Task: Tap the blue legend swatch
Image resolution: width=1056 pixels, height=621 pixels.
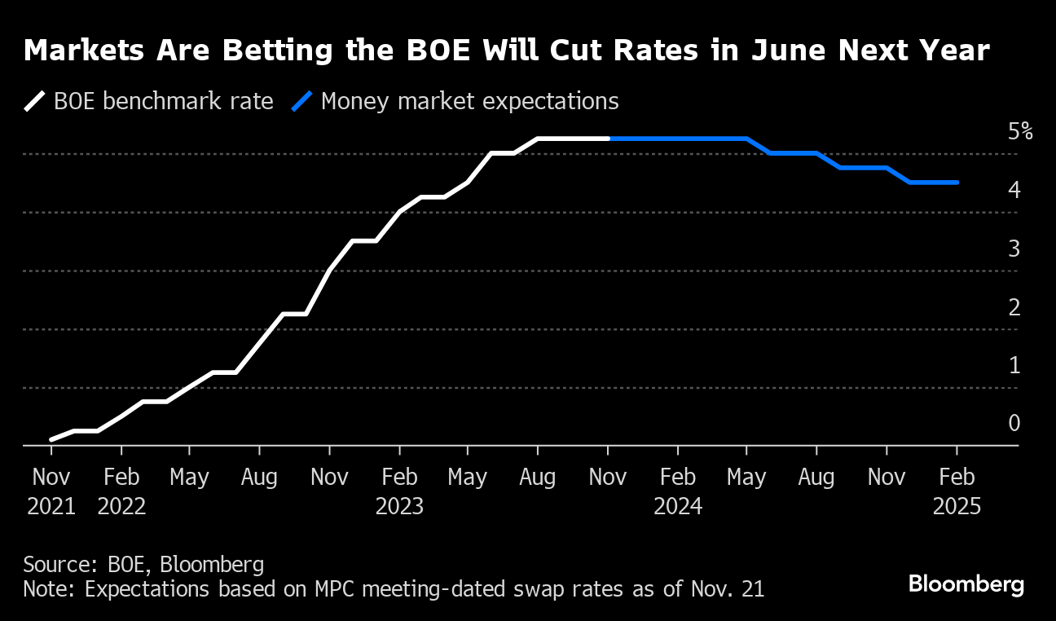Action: (301, 102)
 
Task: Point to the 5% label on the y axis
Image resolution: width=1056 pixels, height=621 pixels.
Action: (1019, 131)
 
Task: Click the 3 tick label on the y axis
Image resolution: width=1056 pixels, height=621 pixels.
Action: (1014, 249)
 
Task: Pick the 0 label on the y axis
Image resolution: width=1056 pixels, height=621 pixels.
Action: (1014, 423)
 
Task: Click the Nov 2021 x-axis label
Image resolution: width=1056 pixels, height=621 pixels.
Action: (51, 491)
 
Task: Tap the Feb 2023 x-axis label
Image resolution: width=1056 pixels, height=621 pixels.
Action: (399, 491)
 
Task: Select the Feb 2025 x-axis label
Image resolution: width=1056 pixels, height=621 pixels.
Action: (957, 491)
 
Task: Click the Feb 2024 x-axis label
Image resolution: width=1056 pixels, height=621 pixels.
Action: (678, 491)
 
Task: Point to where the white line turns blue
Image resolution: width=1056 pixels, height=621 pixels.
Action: (609, 139)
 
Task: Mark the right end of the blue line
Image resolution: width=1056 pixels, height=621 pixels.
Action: (957, 183)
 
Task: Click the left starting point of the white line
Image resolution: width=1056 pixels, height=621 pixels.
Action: (51, 439)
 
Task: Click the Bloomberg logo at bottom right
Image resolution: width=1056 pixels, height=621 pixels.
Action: (966, 584)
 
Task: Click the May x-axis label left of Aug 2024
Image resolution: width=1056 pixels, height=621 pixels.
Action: (747, 478)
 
